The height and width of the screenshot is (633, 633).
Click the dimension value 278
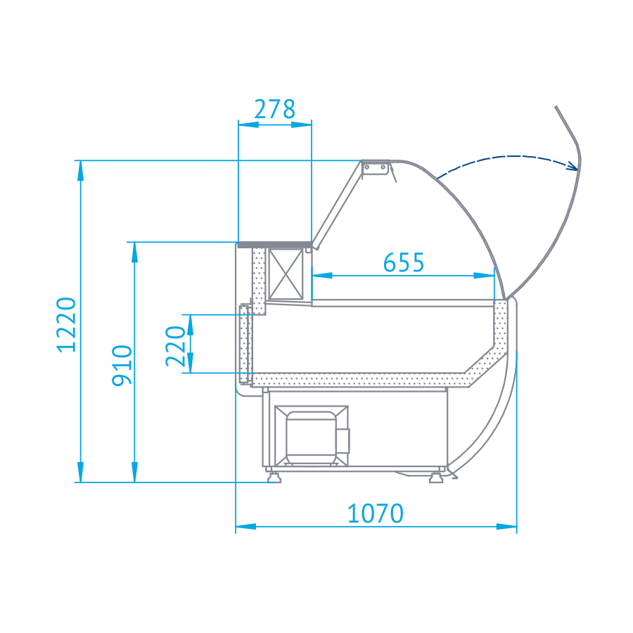tap(274, 110)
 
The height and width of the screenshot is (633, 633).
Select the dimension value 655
tap(404, 262)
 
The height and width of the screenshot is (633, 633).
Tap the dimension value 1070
tap(376, 514)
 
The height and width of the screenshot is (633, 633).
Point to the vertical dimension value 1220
tap(66, 324)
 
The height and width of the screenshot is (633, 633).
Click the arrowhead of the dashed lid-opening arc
tap(573, 167)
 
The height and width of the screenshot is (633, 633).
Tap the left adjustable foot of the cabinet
tap(274, 478)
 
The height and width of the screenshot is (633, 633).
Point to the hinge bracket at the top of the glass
tap(376, 167)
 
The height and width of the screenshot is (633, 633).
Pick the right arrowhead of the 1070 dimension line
tap(508, 525)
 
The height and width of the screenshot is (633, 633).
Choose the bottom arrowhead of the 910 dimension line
tap(134, 473)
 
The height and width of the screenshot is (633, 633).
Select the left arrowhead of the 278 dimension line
tap(247, 124)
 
